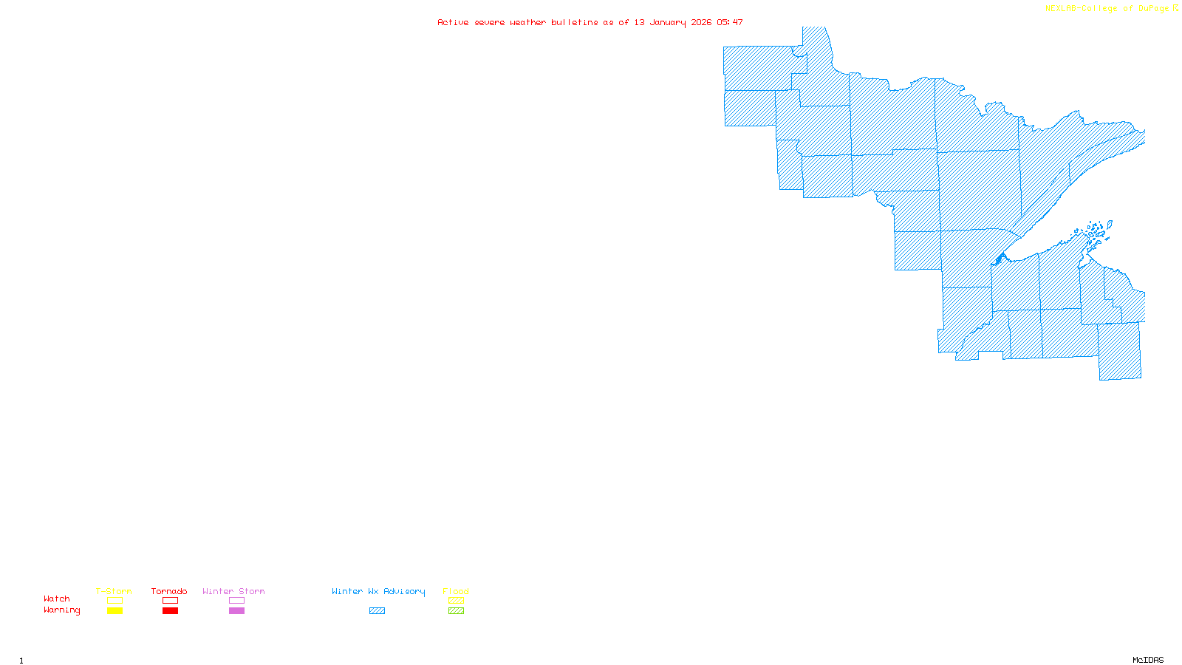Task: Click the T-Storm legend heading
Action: coord(114,591)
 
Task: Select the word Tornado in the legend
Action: coord(169,591)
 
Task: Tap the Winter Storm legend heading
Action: coord(233,591)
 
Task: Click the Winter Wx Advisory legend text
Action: coord(378,591)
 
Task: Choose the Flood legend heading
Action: coord(456,591)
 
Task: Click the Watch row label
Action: coord(57,598)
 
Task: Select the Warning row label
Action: coord(62,610)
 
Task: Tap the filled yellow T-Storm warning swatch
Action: coord(115,611)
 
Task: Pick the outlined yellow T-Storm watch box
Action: coord(115,601)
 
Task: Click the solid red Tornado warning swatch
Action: coord(171,611)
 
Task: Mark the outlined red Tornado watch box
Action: coord(171,601)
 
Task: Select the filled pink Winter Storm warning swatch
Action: coord(236,611)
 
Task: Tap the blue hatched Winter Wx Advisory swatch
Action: coord(377,611)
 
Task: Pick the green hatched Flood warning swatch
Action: coord(457,611)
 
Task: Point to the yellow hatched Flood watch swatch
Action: coord(457,601)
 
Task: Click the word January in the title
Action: coord(668,22)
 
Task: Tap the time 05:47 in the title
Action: coord(730,22)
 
